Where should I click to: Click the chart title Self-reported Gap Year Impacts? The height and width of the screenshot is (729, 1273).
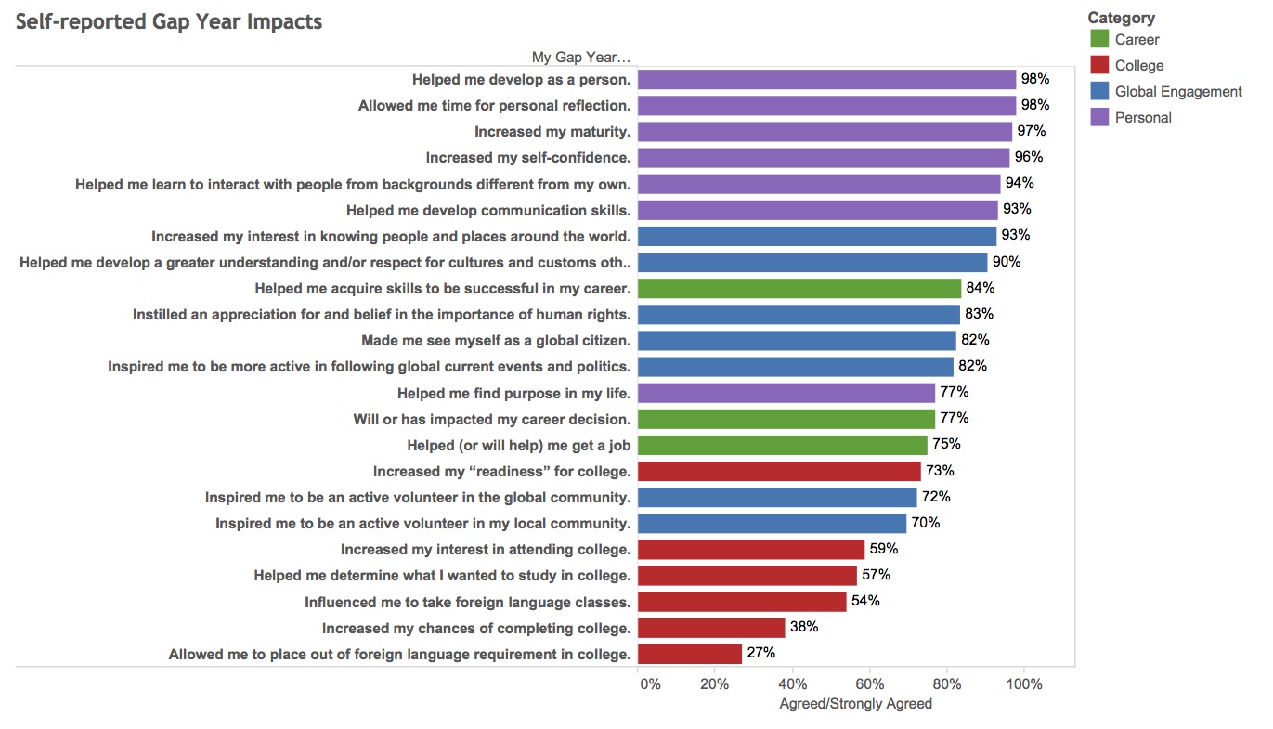coord(169,21)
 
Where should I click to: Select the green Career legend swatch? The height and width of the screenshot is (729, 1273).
coord(1099,39)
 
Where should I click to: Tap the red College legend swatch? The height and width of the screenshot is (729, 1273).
coord(1099,65)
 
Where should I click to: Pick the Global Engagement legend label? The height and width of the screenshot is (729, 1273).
coord(1178,91)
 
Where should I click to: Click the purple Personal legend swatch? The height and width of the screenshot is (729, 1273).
coord(1099,117)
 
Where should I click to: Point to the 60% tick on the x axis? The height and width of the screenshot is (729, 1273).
coord(869,684)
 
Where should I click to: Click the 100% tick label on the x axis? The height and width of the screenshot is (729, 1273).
coord(1024,684)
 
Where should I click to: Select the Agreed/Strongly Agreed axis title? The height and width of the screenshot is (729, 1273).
coord(855,704)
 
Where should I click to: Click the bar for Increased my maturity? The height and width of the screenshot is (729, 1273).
coord(825,131)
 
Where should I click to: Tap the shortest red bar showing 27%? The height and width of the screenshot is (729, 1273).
coord(690,654)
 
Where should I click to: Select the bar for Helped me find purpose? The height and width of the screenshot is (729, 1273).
coord(786,393)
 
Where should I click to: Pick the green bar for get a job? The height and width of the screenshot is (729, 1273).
coord(783,445)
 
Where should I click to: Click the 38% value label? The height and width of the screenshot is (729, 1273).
coord(803,627)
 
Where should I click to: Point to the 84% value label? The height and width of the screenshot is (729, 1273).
coord(980,287)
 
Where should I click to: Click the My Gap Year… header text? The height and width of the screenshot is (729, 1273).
coord(581,58)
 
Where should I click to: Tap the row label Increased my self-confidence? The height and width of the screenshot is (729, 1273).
coord(527,157)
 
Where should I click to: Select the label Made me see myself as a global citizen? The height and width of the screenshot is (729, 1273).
coord(496,340)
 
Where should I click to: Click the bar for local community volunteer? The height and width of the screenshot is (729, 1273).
coord(773,523)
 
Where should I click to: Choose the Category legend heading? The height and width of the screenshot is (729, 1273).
coord(1121,17)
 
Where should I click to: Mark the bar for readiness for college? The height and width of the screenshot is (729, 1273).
coord(779,471)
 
